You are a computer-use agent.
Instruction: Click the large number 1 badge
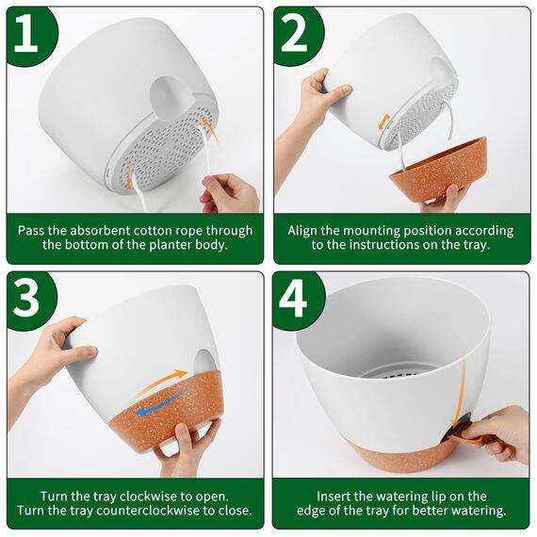click(x=31, y=34)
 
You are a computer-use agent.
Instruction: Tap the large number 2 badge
click(x=298, y=34)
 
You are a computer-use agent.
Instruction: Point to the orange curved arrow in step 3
click(x=161, y=382)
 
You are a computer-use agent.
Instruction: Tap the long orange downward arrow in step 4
click(x=460, y=393)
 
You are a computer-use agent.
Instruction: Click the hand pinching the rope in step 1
click(x=230, y=192)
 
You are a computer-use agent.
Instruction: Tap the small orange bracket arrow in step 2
click(x=384, y=122)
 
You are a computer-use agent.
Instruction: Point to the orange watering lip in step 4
click(x=463, y=435)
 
